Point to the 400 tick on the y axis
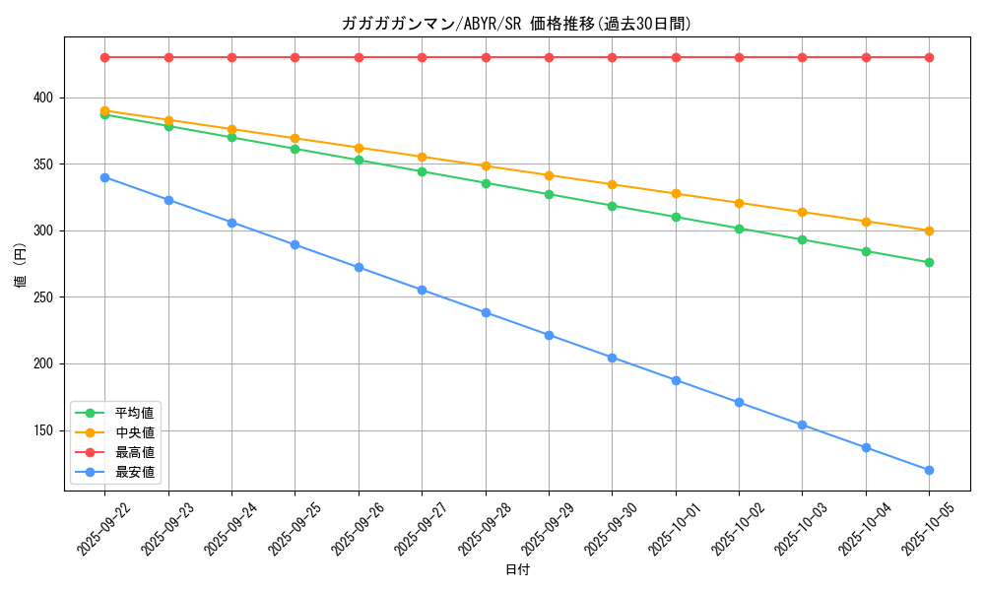click(x=46, y=98)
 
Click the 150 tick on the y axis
click(x=46, y=430)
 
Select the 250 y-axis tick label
click(x=46, y=297)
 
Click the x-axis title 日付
click(x=516, y=570)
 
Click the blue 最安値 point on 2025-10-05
click(x=929, y=470)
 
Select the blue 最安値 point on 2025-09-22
click(x=105, y=177)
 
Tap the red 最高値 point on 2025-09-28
click(x=486, y=57)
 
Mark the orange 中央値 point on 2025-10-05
click(x=929, y=230)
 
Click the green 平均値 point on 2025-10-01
click(x=676, y=217)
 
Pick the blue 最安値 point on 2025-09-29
click(x=549, y=335)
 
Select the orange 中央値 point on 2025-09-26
click(x=359, y=148)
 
